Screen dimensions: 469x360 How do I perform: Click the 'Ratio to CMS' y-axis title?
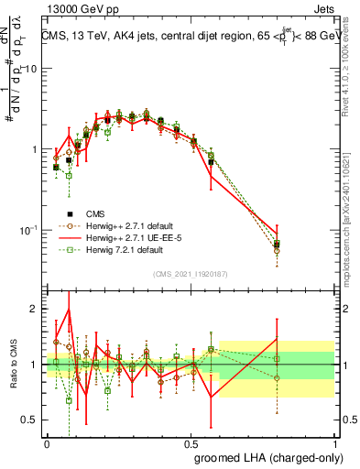14,365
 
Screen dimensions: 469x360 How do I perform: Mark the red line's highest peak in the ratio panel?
69,310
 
